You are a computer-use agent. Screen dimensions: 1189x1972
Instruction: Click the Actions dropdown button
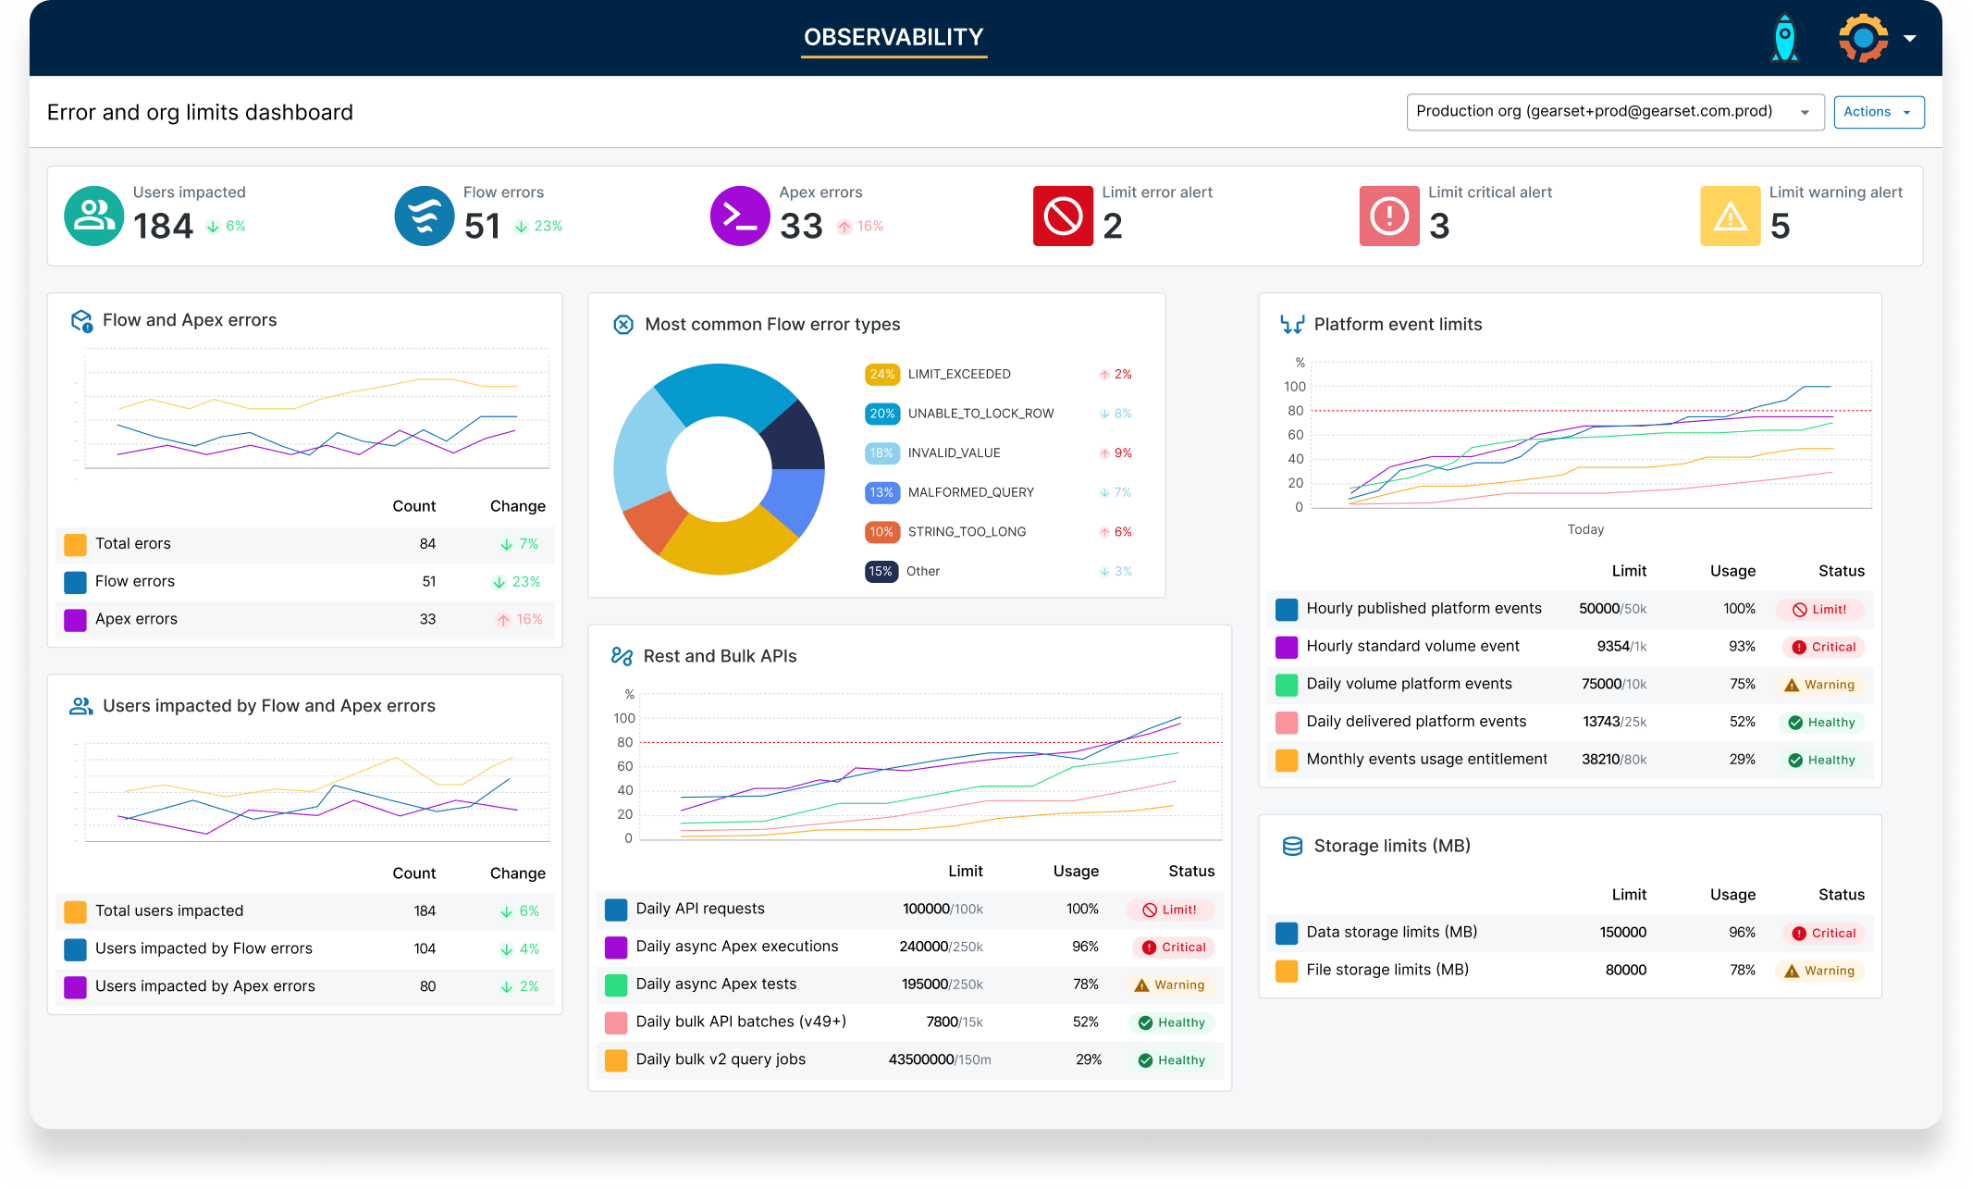click(x=1878, y=112)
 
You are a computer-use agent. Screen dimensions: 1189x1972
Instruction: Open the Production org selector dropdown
click(x=1614, y=112)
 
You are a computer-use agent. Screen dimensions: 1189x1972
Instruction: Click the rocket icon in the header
click(x=1784, y=39)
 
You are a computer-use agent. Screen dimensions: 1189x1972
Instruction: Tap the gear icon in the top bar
click(x=1863, y=38)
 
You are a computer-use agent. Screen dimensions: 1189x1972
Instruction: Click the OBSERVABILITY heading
click(x=894, y=37)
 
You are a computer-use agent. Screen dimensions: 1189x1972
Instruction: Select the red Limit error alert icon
click(x=1063, y=216)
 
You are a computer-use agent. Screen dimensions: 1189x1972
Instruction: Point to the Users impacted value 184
click(x=163, y=226)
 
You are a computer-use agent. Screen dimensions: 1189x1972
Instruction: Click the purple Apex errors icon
click(x=739, y=216)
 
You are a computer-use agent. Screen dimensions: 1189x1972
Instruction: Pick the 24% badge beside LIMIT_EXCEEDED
click(x=881, y=374)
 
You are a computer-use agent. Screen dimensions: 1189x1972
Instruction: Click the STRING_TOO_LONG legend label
click(x=967, y=532)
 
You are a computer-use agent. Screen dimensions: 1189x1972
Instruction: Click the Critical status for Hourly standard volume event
click(x=1823, y=647)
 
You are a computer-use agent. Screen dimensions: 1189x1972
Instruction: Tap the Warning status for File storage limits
click(x=1819, y=971)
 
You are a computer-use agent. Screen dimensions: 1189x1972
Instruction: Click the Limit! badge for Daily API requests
click(x=1170, y=910)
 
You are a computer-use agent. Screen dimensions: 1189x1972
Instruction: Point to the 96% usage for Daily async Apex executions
click(x=1084, y=947)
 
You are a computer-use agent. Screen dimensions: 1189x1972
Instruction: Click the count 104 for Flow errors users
click(x=425, y=948)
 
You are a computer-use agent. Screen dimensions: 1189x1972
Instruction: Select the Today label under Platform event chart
click(x=1585, y=529)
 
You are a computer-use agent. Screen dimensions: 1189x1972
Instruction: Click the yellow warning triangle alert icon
click(x=1730, y=216)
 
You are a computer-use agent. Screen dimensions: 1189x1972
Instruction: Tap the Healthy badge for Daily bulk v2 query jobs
click(x=1171, y=1060)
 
